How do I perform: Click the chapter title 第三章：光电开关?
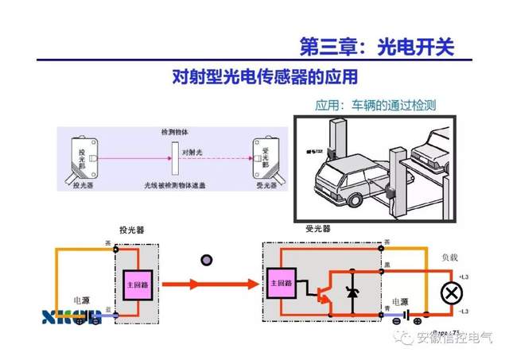[x=376, y=46]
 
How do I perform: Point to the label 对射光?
[x=195, y=151]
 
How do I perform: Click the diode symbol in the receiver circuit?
[x=353, y=292]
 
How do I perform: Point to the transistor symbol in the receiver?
[x=324, y=293]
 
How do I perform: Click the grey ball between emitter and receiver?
[x=208, y=259]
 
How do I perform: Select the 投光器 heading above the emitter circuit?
[x=133, y=230]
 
